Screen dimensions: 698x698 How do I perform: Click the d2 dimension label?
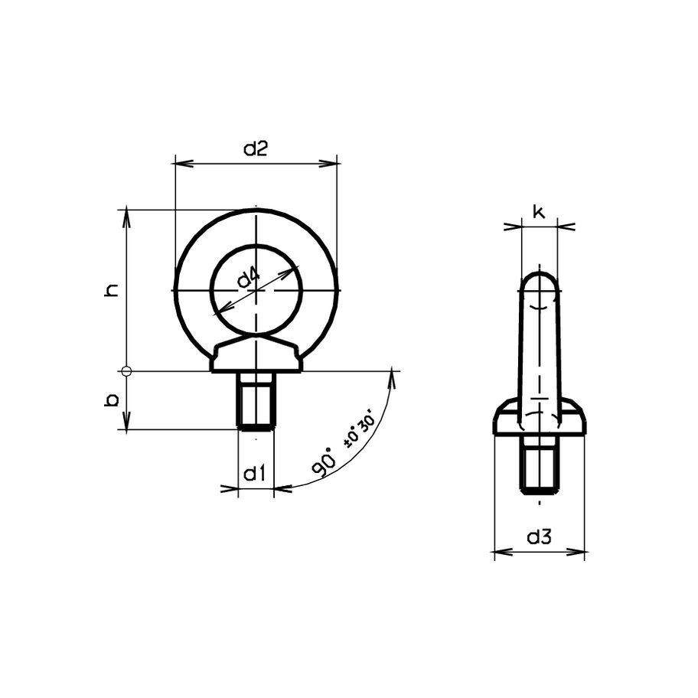[256, 150]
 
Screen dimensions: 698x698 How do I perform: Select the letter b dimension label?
[112, 400]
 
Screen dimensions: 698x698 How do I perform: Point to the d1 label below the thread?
[255, 475]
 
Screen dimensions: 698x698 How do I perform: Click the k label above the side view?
[540, 213]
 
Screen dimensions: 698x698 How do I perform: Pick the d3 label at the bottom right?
[540, 538]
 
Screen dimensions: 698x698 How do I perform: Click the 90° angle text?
[325, 464]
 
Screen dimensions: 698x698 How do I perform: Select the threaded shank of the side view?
[540, 465]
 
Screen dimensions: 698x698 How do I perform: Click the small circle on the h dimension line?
[127, 372]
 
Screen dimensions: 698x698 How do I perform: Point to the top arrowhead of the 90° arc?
[394, 374]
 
